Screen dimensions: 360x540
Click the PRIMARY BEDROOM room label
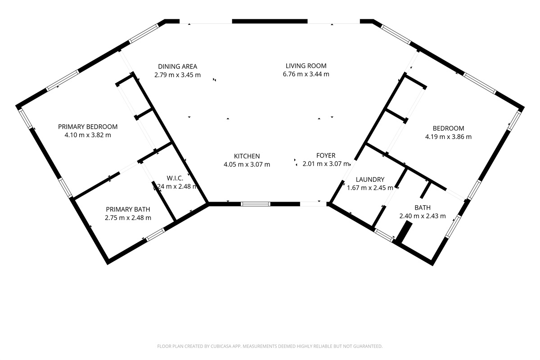[x=88, y=126]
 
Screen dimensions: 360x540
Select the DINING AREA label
[x=177, y=66]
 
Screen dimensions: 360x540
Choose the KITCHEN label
[x=247, y=156]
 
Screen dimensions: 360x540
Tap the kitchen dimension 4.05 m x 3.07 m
[x=247, y=164]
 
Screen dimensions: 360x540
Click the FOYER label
[x=326, y=156]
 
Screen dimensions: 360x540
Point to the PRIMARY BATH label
[x=128, y=209]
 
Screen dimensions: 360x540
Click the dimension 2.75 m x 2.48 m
[x=128, y=217]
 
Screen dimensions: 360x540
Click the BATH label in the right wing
[x=423, y=207]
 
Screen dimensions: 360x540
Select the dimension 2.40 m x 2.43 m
[x=423, y=216]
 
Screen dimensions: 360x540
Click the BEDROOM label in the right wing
[x=448, y=128]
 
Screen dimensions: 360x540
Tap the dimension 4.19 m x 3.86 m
[x=448, y=136]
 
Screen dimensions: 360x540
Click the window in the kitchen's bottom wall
[x=256, y=204]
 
